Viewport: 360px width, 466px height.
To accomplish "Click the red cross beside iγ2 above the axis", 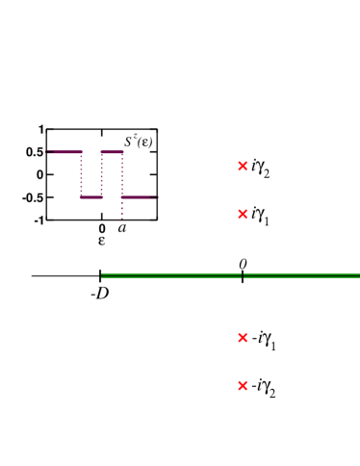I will coord(243,167).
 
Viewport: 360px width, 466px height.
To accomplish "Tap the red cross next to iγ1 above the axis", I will coord(243,213).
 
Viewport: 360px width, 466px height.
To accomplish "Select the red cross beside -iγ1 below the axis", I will coord(243,338).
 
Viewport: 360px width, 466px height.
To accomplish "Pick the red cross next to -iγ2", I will coord(243,386).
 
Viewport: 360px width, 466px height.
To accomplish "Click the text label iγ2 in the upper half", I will coord(261,168).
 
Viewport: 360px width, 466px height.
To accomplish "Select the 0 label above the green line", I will coord(243,263).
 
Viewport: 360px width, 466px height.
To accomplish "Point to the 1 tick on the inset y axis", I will coord(41,129).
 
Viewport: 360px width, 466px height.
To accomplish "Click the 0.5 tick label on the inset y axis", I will coord(36,152).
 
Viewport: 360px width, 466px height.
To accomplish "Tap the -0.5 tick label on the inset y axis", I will coord(34,197).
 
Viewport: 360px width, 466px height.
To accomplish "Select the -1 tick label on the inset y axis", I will coord(39,220).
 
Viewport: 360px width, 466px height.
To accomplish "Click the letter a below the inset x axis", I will coord(121,229).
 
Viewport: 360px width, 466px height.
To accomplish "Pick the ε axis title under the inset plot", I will coord(101,241).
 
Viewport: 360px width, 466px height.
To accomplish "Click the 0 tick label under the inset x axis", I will coord(102,229).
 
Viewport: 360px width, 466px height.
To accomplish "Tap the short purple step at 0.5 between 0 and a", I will coord(112,151).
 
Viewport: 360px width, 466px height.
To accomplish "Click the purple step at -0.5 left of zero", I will coord(91,197).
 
